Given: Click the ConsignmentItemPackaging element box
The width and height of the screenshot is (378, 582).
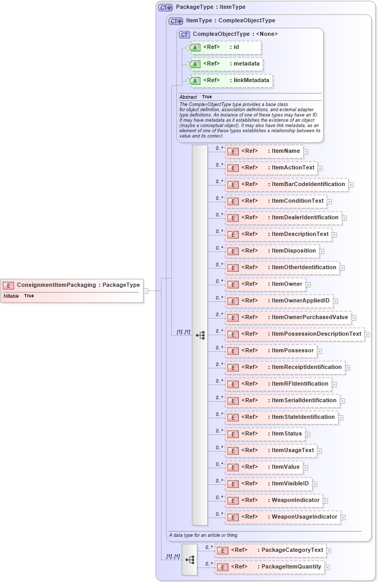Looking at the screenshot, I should click(x=71, y=285).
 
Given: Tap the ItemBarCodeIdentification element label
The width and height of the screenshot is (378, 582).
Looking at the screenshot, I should click(x=308, y=184).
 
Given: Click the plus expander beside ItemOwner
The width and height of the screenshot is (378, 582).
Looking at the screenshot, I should click(x=308, y=285).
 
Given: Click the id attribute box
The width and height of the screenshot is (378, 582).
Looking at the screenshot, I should click(x=224, y=47).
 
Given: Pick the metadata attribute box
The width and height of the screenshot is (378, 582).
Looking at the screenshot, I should click(x=225, y=64).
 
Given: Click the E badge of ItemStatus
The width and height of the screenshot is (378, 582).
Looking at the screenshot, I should click(x=233, y=434).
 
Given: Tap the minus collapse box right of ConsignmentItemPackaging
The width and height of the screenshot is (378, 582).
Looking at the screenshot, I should click(x=146, y=291).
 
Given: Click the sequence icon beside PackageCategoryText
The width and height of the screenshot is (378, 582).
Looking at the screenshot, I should click(x=190, y=560).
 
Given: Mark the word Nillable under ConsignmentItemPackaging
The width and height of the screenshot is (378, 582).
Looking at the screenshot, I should click(x=11, y=296).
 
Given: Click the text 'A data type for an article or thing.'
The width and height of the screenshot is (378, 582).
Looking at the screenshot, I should click(x=204, y=535).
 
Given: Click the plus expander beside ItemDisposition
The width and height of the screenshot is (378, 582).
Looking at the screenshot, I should click(x=322, y=252).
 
